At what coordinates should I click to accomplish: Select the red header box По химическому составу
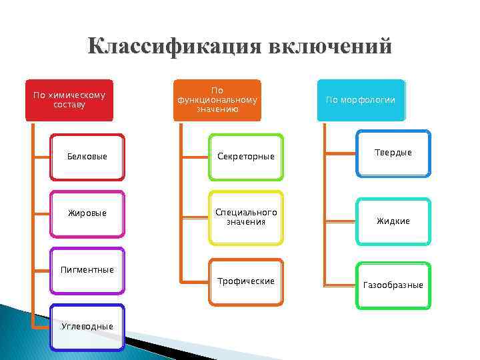click(69, 100)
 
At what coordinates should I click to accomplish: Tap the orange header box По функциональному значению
click(217, 100)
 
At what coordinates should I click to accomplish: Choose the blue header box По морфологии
click(361, 100)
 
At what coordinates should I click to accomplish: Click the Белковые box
click(87, 157)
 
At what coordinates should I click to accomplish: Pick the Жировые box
click(87, 213)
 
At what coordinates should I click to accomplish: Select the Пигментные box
click(87, 271)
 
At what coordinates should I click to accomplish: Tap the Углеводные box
click(87, 327)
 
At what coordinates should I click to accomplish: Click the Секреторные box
click(245, 157)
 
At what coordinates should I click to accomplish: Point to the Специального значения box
click(245, 217)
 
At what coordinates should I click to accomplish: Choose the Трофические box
click(245, 281)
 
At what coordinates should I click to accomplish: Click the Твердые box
click(393, 153)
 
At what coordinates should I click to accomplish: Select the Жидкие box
click(393, 221)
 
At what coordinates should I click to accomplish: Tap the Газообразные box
click(393, 285)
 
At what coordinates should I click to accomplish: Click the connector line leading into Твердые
click(340, 154)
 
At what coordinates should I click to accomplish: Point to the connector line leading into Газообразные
click(340, 285)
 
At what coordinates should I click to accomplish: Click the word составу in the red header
click(69, 105)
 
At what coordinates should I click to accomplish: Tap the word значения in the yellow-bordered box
click(245, 222)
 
